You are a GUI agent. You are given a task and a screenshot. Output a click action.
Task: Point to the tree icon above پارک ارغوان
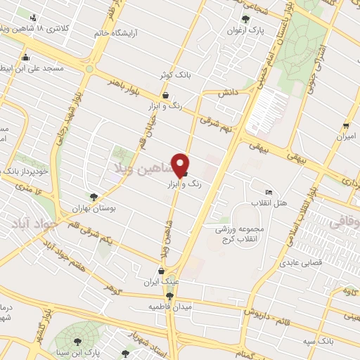pyautogui.click(x=245, y=20)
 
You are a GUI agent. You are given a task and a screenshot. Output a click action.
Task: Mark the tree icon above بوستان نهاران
pyautogui.click(x=94, y=198)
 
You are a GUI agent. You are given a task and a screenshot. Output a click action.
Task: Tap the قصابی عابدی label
pyautogui.click(x=282, y=264)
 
